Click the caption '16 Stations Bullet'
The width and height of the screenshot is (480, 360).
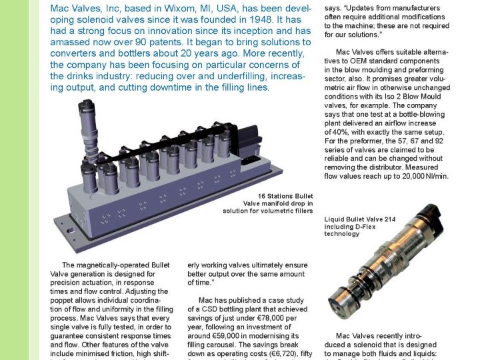(x=278, y=195)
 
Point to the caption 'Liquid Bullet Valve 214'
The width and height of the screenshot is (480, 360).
(x=363, y=219)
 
